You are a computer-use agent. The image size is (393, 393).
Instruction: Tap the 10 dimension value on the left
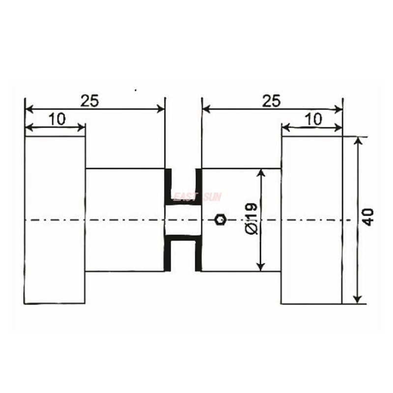pyautogui.click(x=57, y=119)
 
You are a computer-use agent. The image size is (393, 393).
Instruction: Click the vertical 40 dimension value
pyautogui.click(x=368, y=217)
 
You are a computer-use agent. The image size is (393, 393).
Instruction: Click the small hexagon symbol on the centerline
pyautogui.click(x=221, y=220)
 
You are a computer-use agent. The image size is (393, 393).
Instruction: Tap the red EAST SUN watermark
pyautogui.click(x=197, y=197)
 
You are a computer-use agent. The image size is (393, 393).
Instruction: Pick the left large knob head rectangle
pyautogui.click(x=55, y=220)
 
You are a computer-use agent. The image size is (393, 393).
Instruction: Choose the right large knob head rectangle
pyautogui.click(x=311, y=220)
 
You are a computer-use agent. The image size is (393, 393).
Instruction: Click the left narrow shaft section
pyautogui.click(x=125, y=220)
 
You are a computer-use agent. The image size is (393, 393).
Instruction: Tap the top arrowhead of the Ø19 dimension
pyautogui.click(x=261, y=173)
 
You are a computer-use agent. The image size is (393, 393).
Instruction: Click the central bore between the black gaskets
pyautogui.click(x=183, y=220)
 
